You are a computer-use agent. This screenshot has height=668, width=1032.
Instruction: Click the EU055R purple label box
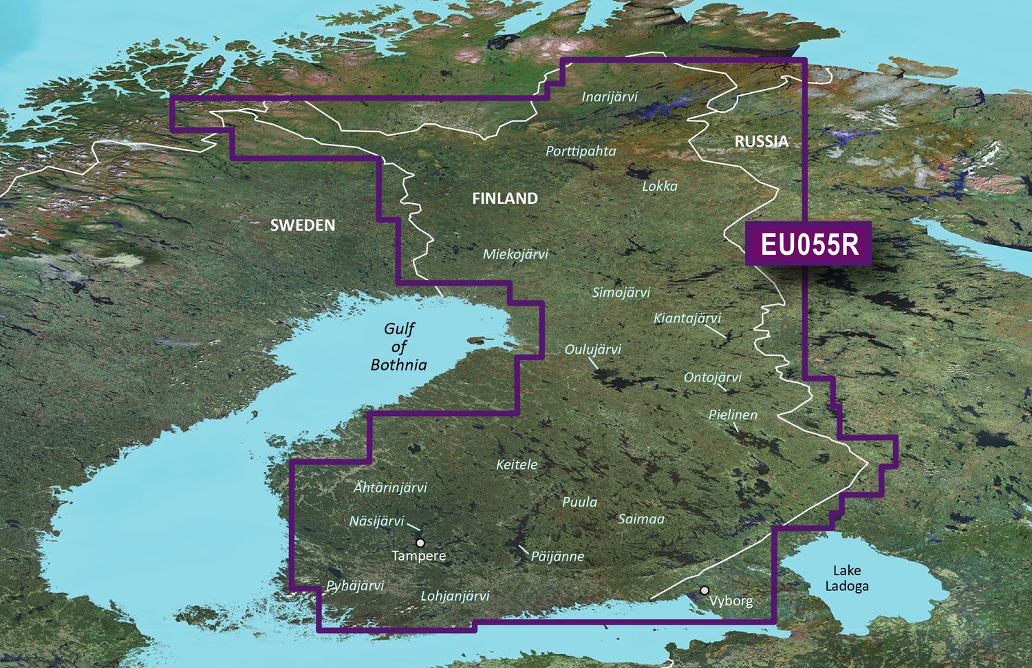tap(808, 244)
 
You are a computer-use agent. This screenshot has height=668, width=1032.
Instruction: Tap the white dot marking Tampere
tap(420, 543)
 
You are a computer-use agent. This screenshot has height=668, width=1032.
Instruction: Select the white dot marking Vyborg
tap(705, 590)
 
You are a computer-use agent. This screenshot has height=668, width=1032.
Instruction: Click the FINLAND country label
tap(505, 198)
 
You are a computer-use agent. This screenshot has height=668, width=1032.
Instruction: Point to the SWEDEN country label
tap(303, 225)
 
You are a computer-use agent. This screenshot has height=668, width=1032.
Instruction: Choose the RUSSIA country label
tap(761, 141)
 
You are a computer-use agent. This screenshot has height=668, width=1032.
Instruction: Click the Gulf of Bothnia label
tap(399, 347)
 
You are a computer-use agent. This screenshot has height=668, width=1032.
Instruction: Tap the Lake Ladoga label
tap(847, 578)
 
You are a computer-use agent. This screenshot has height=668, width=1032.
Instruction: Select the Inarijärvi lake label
tap(610, 96)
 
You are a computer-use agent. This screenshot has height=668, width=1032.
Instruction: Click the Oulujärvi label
tap(592, 349)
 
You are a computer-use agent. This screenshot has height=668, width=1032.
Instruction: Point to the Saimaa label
tap(641, 519)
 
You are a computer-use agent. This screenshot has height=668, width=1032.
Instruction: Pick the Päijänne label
tap(557, 556)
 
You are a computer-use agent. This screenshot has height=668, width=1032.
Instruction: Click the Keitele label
tap(517, 465)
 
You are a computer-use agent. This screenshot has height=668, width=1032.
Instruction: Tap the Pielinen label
tap(733, 415)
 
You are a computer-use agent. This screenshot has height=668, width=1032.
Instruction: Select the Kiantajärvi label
tap(687, 317)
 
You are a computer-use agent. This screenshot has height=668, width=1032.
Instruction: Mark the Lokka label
tap(660, 186)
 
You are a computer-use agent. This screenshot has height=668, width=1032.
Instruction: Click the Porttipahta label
tap(581, 151)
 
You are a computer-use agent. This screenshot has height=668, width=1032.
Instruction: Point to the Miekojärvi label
tap(515, 254)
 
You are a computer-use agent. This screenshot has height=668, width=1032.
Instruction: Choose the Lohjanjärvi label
tap(455, 596)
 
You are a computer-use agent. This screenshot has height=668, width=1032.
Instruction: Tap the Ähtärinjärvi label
tap(390, 487)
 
